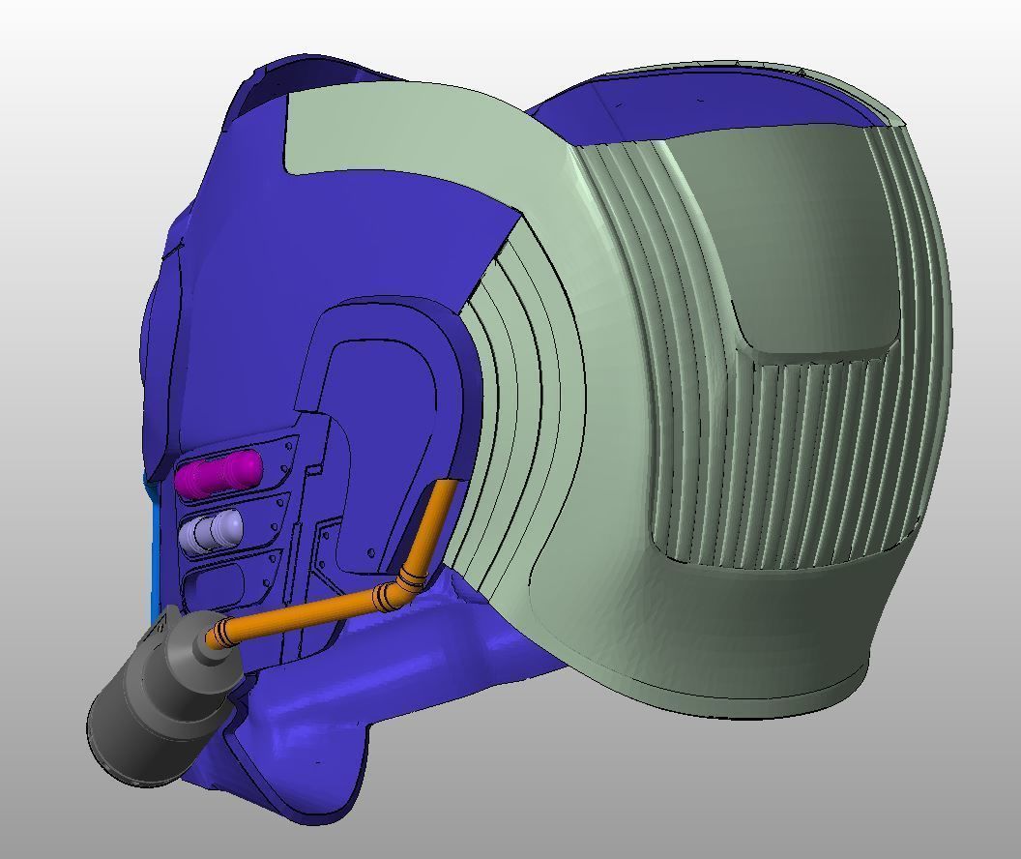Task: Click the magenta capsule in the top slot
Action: tap(219, 475)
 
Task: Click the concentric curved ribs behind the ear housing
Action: tap(522, 387)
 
